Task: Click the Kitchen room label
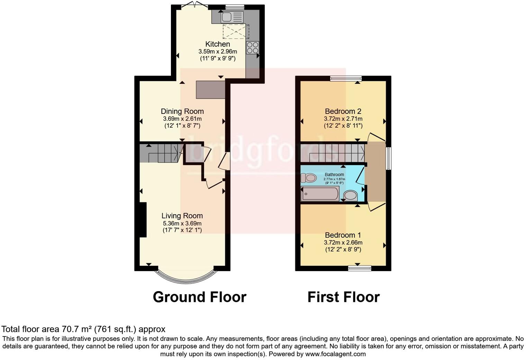coord(218,44)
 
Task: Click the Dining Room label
coord(182,111)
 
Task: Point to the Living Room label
coord(182,216)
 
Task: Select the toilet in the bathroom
coord(309,178)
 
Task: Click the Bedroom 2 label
coord(343,111)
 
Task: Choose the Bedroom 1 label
coord(343,235)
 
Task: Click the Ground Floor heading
coord(199,297)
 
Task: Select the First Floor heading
coord(343,297)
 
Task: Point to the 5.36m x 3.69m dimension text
coord(182,224)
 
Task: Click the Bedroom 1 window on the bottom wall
coord(360,268)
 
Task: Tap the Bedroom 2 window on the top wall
coord(346,78)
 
